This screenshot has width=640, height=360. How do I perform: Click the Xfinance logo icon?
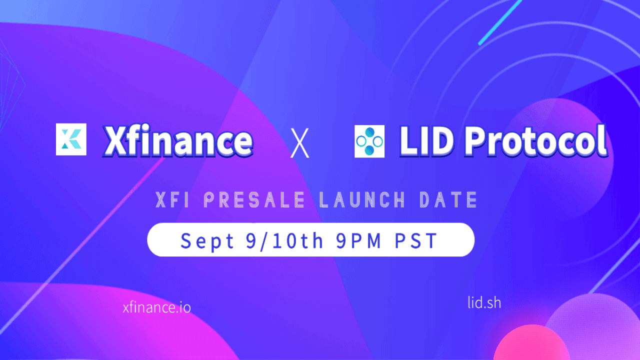[71, 139]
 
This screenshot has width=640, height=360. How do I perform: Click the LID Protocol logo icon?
[369, 141]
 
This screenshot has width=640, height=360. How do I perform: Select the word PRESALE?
[254, 200]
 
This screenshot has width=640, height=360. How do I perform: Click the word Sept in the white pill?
[207, 240]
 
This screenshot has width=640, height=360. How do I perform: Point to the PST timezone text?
[416, 240]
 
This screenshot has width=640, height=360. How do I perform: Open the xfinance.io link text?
[156, 307]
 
